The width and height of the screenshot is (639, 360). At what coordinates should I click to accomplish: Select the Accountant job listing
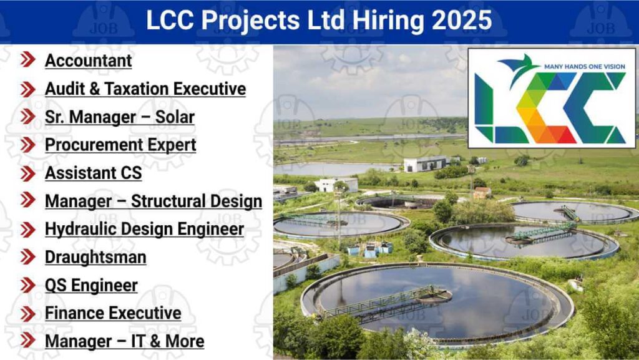(x=89, y=61)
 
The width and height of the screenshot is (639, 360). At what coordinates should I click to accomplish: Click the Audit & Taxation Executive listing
(x=145, y=89)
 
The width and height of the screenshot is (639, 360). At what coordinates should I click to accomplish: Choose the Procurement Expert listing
(x=120, y=145)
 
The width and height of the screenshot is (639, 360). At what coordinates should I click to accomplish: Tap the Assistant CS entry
(x=94, y=173)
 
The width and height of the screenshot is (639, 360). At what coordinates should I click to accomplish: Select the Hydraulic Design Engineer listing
(x=145, y=229)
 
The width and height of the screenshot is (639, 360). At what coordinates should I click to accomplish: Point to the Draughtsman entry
(x=95, y=258)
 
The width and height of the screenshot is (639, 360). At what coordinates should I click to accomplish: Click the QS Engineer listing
(x=91, y=286)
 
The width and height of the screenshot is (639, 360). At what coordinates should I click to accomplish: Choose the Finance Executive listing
(x=114, y=313)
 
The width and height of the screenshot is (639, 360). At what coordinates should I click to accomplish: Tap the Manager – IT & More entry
(x=125, y=341)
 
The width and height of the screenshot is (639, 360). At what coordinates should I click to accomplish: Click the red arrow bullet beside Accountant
(x=27, y=60)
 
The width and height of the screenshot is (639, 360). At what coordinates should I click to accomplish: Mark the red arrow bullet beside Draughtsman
(x=27, y=256)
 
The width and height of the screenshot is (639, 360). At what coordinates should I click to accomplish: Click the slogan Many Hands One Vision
(x=584, y=66)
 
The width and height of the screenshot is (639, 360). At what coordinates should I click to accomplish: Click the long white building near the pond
(x=425, y=163)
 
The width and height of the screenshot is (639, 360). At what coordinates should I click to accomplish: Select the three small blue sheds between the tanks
(x=370, y=249)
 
